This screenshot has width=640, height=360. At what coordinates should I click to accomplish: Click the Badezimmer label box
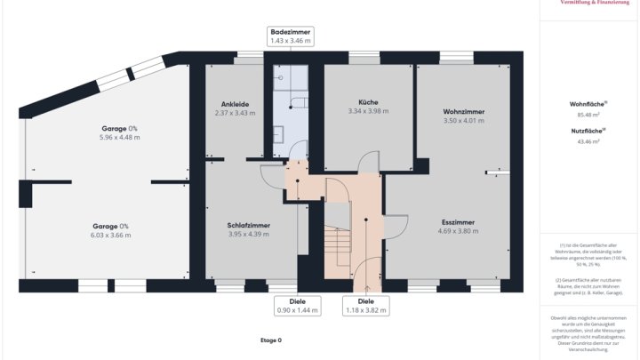coord(291,36)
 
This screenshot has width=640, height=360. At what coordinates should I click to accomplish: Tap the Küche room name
coord(368,102)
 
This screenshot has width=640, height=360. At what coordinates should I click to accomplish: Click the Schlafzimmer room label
coord(249,226)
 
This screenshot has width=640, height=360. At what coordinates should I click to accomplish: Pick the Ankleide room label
coord(235,104)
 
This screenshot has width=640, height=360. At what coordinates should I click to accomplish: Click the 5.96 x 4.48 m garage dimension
coord(120,138)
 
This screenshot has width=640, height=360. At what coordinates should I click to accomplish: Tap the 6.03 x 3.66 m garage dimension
coord(110,235)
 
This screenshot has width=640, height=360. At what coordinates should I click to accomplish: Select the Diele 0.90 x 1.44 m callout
coord(297,306)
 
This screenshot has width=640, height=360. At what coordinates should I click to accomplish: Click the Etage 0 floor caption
coord(270,340)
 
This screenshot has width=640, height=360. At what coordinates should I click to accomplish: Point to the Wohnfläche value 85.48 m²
coord(588,115)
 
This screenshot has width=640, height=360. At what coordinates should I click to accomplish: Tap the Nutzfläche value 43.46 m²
coord(588,140)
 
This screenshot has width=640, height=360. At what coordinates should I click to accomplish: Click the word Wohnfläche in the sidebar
coord(587,104)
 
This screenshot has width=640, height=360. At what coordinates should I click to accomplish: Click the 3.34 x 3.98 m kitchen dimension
coord(368,111)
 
